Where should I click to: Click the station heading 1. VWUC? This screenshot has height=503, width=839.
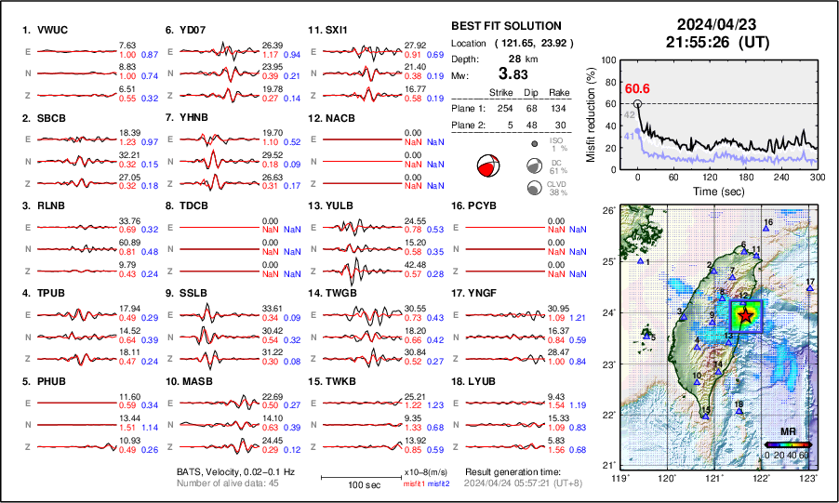(47, 29)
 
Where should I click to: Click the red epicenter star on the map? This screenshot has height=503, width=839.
(744, 316)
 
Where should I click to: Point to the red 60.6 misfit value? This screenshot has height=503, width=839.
(637, 88)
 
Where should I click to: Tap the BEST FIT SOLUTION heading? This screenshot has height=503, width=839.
(506, 26)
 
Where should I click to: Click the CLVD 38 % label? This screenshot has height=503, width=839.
(559, 189)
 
